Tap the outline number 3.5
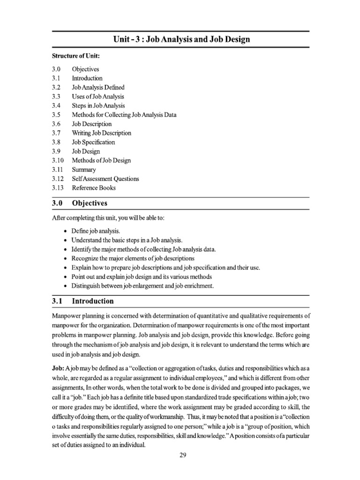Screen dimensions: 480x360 coord(56,115)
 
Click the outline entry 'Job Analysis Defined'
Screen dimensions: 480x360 coord(98,88)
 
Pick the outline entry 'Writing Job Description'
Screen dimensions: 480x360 coord(101,133)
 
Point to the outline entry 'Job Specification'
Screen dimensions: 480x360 coord(93,142)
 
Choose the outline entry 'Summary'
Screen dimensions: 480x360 coord(84,170)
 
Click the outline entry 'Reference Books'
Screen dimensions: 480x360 coord(94,188)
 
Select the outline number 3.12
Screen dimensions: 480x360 coord(58,179)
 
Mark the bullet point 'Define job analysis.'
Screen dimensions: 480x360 coord(96,231)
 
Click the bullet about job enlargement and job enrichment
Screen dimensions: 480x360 coord(142,286)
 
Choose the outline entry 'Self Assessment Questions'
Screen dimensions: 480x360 coord(105,179)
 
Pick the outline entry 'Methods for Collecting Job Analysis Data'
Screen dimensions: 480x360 coord(124,115)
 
